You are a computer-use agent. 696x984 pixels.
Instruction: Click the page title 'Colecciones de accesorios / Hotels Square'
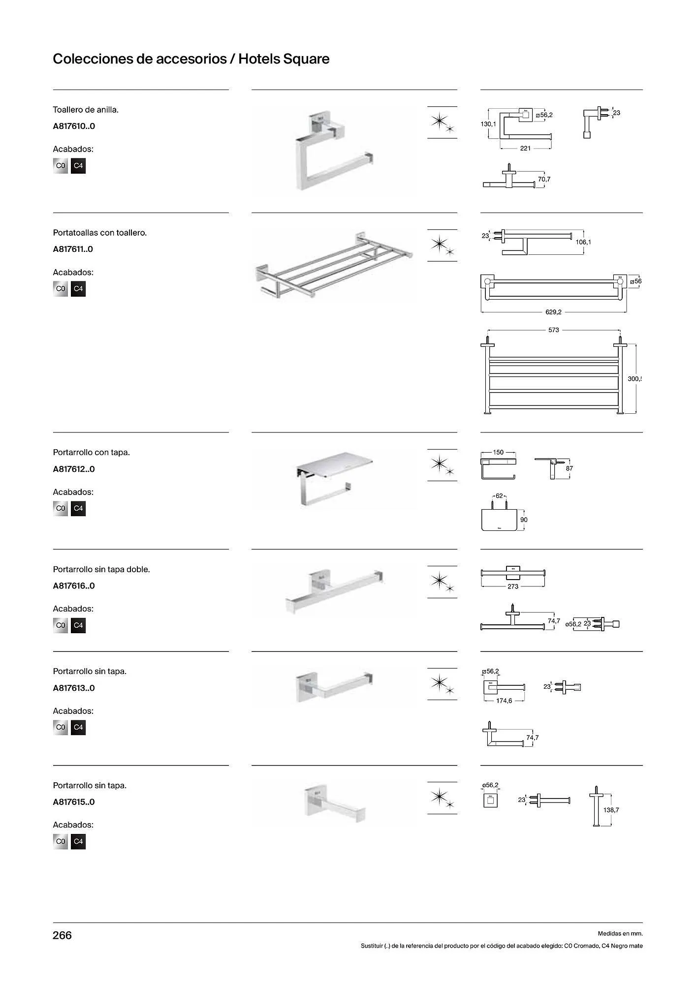tap(191, 59)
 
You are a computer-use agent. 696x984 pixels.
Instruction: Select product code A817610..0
tap(74, 126)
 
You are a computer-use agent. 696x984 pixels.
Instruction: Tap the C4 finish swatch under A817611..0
tap(78, 289)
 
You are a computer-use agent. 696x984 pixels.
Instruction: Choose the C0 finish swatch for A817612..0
tap(60, 508)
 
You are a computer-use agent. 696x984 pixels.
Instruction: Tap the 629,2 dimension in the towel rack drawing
tap(553, 312)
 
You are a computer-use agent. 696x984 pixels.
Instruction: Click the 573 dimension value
tap(553, 330)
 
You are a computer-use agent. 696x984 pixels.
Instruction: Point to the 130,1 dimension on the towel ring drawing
tap(488, 124)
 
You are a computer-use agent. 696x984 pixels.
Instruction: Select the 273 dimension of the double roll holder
tap(512, 586)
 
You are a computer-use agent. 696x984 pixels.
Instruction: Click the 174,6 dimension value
tap(504, 701)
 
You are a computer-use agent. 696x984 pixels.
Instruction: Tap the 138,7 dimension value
tap(611, 810)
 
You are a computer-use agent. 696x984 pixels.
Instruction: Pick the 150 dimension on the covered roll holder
tap(498, 452)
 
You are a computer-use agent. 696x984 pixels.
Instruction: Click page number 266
tap(62, 935)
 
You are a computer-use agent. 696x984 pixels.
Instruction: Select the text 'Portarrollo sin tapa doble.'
tap(101, 569)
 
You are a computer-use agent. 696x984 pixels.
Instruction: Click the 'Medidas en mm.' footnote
tap(620, 933)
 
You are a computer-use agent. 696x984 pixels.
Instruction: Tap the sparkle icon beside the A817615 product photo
tap(442, 798)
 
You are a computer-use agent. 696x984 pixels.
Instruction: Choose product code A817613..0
tap(74, 688)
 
